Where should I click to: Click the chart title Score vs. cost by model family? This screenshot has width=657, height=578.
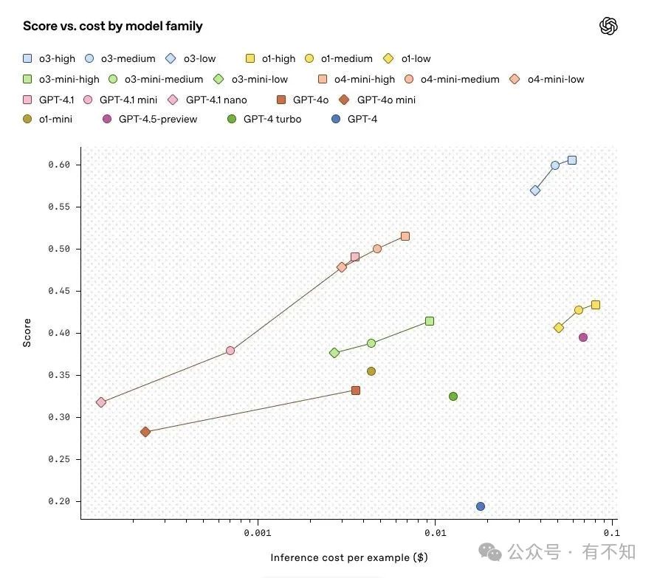113,27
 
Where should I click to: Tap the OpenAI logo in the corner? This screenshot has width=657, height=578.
608,27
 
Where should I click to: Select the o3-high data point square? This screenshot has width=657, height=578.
572,160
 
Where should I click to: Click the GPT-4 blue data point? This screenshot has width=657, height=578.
481,506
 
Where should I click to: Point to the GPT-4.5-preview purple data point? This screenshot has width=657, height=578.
583,337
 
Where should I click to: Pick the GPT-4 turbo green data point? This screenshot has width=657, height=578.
453,396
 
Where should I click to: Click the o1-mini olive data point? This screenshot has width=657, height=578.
371,371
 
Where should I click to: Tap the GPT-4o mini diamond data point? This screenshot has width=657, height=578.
145,432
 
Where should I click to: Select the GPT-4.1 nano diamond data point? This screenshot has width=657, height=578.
101,402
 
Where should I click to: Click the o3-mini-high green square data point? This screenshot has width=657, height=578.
430,321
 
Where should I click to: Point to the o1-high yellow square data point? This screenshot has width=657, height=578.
596,305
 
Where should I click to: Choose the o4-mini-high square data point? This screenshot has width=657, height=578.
405,236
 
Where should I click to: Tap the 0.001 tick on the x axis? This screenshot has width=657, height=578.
258,532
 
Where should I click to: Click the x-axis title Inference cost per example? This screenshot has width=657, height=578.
349,557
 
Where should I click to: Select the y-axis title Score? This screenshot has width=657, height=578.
27,332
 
